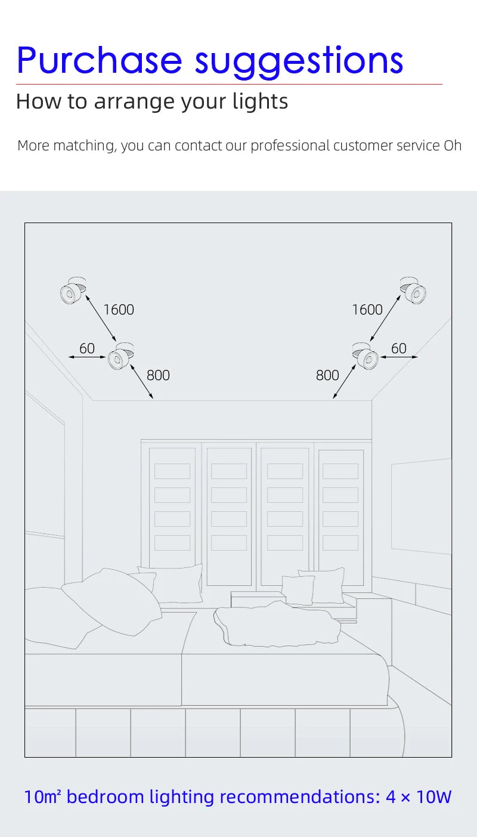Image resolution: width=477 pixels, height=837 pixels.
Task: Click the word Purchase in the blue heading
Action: click(99, 60)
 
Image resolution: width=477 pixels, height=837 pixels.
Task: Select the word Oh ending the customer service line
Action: click(453, 146)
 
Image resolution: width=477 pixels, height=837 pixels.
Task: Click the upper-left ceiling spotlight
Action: click(73, 290)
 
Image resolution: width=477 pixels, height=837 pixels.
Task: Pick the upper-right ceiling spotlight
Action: click(413, 290)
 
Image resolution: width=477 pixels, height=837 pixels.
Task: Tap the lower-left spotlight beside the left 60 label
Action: click(120, 356)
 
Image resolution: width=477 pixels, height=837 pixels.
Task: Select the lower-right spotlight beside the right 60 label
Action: click(366, 356)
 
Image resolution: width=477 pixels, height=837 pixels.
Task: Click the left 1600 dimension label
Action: click(119, 310)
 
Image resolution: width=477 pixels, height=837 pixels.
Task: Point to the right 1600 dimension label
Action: click(367, 310)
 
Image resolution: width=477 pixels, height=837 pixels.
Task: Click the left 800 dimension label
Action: click(158, 375)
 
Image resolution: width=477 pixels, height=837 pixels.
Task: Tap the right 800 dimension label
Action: click(327, 375)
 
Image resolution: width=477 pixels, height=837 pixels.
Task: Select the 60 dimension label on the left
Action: click(87, 348)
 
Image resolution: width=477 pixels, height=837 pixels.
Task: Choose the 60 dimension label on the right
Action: click(398, 348)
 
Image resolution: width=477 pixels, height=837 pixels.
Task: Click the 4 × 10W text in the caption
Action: click(419, 796)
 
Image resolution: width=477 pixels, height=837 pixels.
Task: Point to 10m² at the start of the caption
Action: click(42, 796)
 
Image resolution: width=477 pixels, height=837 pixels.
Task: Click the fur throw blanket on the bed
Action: click(277, 623)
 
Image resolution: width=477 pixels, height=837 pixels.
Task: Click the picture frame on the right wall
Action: click(422, 506)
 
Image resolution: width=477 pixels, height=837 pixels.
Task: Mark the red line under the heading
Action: click(230, 85)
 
